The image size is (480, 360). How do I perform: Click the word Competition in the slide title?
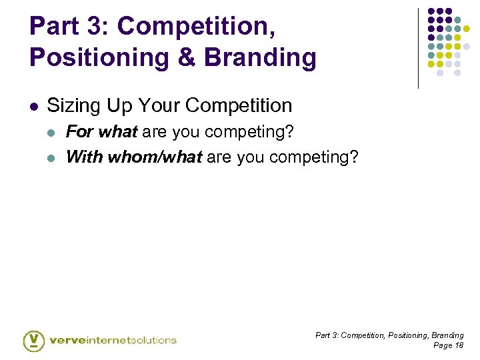[x=195, y=26]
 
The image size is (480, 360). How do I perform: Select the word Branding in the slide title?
[x=261, y=57]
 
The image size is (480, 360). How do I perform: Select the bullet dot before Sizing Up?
[x=34, y=106]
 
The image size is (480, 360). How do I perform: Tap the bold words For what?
[x=101, y=132]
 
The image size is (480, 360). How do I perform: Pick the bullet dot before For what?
[x=55, y=133]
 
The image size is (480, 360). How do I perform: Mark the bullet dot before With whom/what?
[x=55, y=158]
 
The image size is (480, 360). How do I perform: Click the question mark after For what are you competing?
[x=289, y=132]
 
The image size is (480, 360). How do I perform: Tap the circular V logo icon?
[x=34, y=340]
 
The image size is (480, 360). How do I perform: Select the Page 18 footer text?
[x=448, y=345]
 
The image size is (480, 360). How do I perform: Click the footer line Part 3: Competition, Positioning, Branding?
[x=389, y=335]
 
